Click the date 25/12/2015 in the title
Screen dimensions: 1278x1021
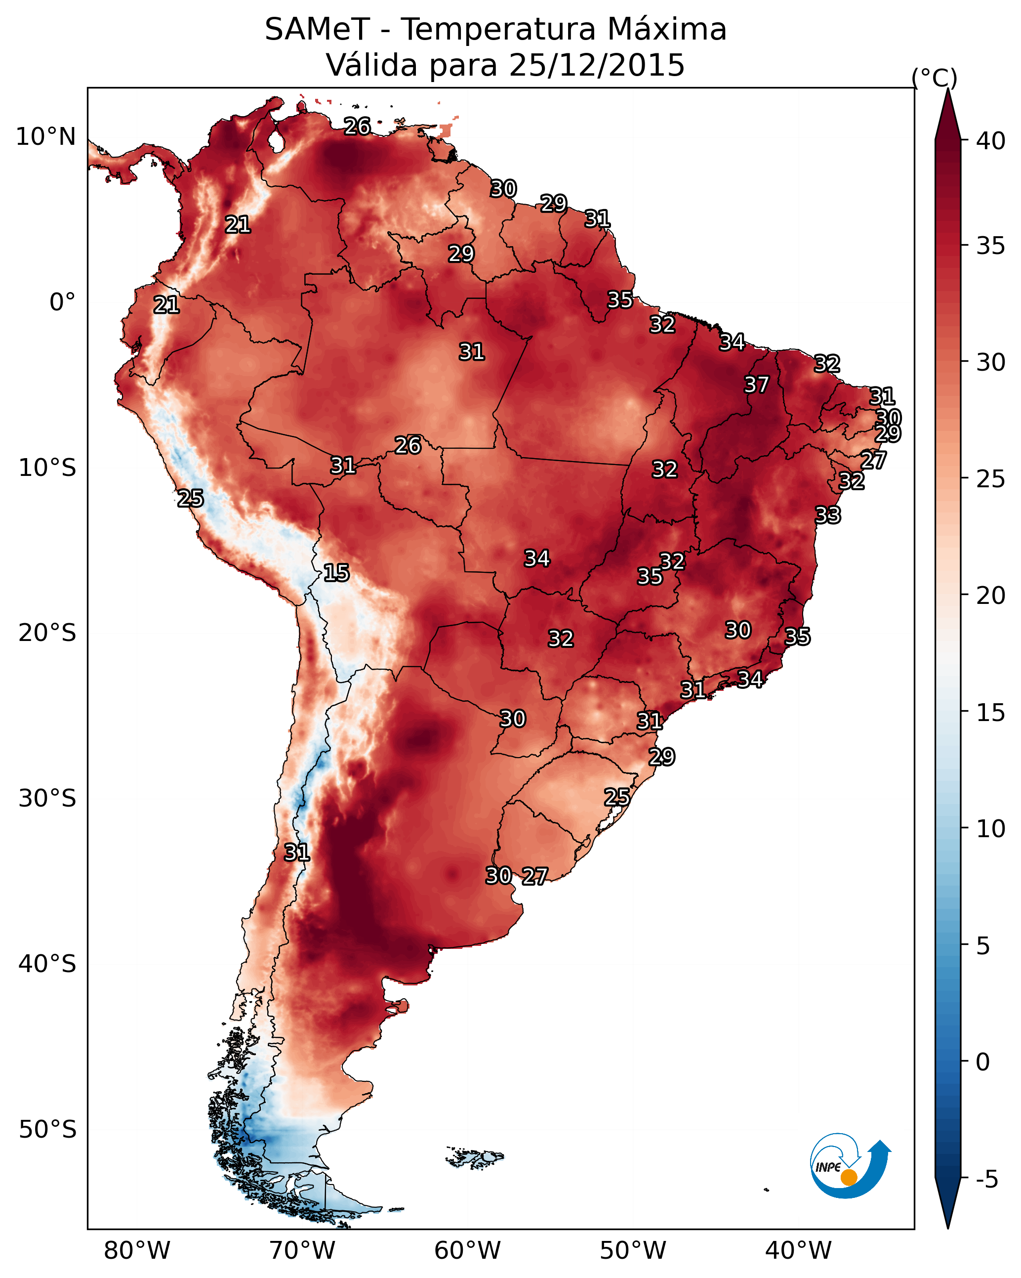(x=596, y=65)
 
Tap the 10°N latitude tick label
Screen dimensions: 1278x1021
(x=45, y=137)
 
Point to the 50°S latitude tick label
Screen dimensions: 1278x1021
(x=47, y=1130)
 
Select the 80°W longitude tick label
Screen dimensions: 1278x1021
(x=137, y=1251)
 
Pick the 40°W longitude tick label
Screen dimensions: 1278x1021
(x=798, y=1251)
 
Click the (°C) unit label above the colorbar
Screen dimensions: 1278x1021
(x=934, y=78)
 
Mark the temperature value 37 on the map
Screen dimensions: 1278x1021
(x=756, y=384)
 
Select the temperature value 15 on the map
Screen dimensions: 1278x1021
(x=336, y=573)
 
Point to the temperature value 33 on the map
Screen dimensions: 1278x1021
(x=827, y=515)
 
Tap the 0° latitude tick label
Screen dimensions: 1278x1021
(x=62, y=302)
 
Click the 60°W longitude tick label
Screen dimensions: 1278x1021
(x=468, y=1251)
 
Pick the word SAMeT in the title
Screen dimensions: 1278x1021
(x=317, y=30)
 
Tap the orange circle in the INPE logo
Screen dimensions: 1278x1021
(x=849, y=1177)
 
